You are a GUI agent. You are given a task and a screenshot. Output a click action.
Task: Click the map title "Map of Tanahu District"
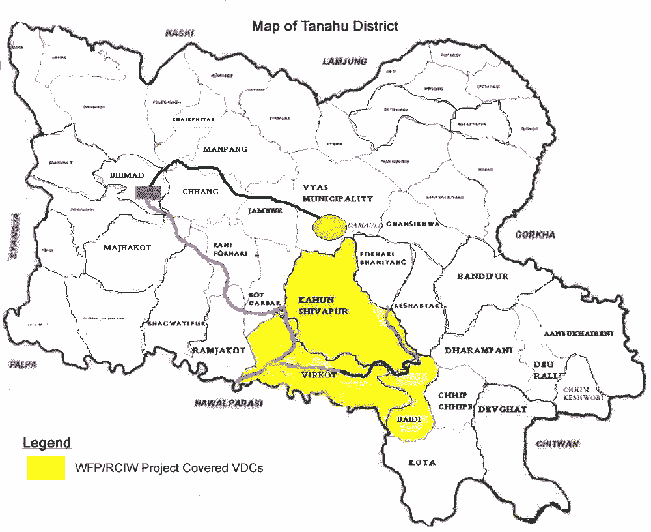(x=325, y=27)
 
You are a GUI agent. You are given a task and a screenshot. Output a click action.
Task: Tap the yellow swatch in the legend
(x=46, y=467)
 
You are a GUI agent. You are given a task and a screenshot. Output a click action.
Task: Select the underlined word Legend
(x=46, y=443)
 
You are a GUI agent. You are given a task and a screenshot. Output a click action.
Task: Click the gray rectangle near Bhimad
(x=148, y=192)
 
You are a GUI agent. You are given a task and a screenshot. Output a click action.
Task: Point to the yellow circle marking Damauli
(x=329, y=226)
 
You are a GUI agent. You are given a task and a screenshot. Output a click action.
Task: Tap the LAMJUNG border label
(x=345, y=61)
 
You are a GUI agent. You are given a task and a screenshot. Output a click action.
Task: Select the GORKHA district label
(x=534, y=235)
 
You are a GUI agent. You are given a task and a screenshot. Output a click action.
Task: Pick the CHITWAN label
(x=557, y=444)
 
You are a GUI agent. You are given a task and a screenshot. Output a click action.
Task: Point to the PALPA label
(x=23, y=364)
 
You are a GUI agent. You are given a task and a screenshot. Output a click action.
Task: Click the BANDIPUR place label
(x=482, y=276)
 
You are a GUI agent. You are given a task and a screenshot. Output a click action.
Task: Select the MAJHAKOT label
(x=127, y=248)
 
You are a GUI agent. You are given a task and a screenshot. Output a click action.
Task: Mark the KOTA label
(x=422, y=462)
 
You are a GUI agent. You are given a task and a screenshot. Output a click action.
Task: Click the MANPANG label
(x=225, y=149)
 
